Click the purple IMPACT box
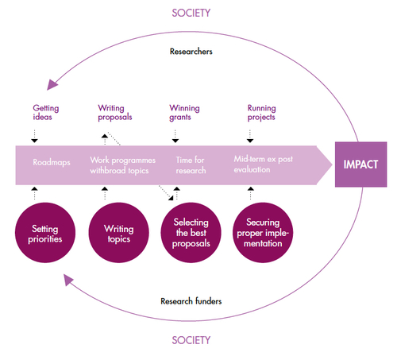[x=360, y=165]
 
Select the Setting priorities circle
[x=45, y=233]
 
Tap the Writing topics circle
[x=118, y=233]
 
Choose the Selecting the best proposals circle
[x=191, y=233]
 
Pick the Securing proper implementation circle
[x=263, y=233]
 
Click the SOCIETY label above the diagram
[x=191, y=13]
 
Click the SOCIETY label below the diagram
[x=191, y=340]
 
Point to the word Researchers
[x=191, y=52]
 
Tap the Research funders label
[x=191, y=301]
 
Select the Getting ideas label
[x=46, y=113]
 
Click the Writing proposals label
[x=115, y=113]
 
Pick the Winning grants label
[x=184, y=113]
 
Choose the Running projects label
[x=262, y=113]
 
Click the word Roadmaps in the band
[x=52, y=162]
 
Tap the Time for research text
[x=191, y=165]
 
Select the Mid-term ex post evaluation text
[x=264, y=165]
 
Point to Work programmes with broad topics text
[x=123, y=165]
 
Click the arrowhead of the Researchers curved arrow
[x=52, y=84]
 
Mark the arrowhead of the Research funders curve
[x=68, y=279]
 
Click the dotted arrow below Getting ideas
[x=34, y=137]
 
